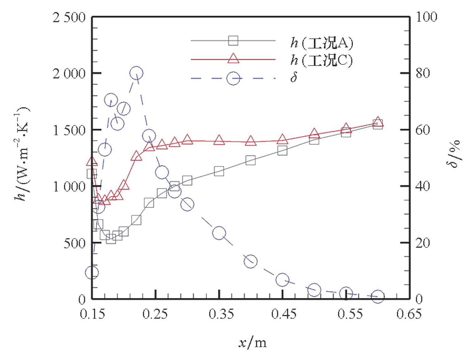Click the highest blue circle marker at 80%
[136, 74]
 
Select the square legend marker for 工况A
[233, 41]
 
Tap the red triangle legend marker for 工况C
[233, 59]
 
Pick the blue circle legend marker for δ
[233, 78]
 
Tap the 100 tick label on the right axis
[426, 17]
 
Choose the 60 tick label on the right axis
[422, 130]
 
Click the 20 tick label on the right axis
[422, 243]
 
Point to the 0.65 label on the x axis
[409, 314]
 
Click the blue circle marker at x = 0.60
[378, 296]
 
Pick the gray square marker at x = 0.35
[219, 171]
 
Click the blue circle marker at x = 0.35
[219, 233]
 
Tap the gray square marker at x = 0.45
[282, 151]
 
